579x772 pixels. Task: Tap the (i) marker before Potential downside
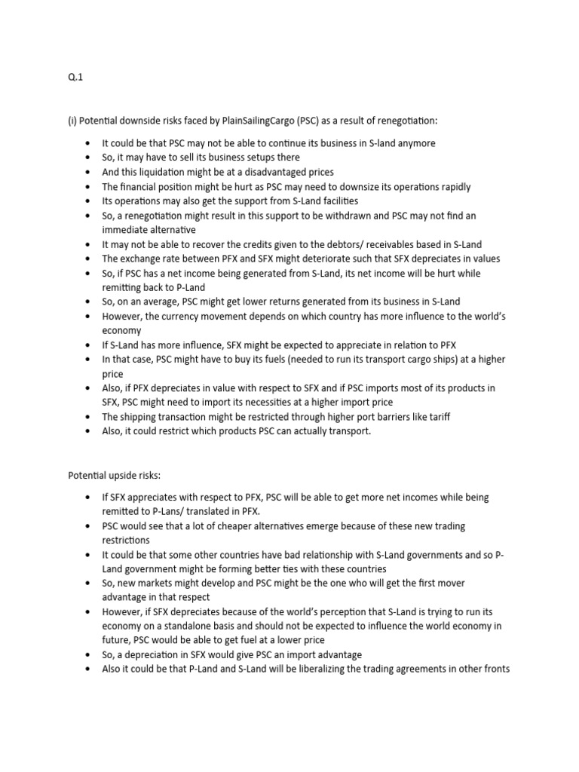coord(72,121)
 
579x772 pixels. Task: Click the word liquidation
coord(167,172)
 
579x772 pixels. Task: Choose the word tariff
coord(438,417)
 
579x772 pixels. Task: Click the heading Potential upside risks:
coord(115,476)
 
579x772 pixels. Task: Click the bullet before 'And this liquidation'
coord(88,173)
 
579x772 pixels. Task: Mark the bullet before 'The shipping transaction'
coord(88,417)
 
